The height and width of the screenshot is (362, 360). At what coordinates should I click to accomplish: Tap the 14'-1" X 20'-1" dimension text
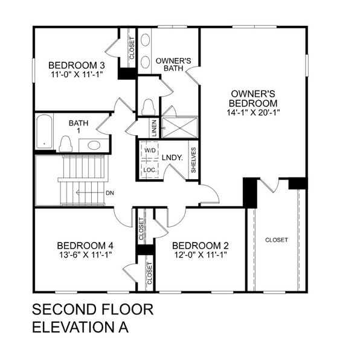coord(254,112)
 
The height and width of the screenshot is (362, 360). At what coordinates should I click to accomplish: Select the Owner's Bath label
coord(174,64)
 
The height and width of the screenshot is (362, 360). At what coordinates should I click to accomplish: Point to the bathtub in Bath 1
coord(44,132)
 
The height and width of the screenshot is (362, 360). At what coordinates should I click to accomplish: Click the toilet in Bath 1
coord(65,144)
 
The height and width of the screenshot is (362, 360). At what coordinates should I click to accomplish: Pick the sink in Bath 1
coord(94,145)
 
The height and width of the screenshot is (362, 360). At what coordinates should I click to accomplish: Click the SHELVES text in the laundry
coord(193,160)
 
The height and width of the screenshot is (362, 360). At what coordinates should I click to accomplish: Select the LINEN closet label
coord(154,127)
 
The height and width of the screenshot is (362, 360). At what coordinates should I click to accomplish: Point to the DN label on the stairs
coord(109,194)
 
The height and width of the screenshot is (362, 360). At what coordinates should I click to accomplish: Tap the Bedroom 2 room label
coord(201,246)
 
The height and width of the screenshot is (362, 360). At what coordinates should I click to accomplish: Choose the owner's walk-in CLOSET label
coord(277,240)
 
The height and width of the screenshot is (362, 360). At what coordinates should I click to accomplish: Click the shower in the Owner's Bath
coord(179,127)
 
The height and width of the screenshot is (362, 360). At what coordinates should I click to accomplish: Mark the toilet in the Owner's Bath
coord(147,106)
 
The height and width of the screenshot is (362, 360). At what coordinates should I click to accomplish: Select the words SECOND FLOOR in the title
coord(92,310)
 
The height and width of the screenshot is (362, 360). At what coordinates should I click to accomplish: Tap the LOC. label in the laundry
coord(150,170)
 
